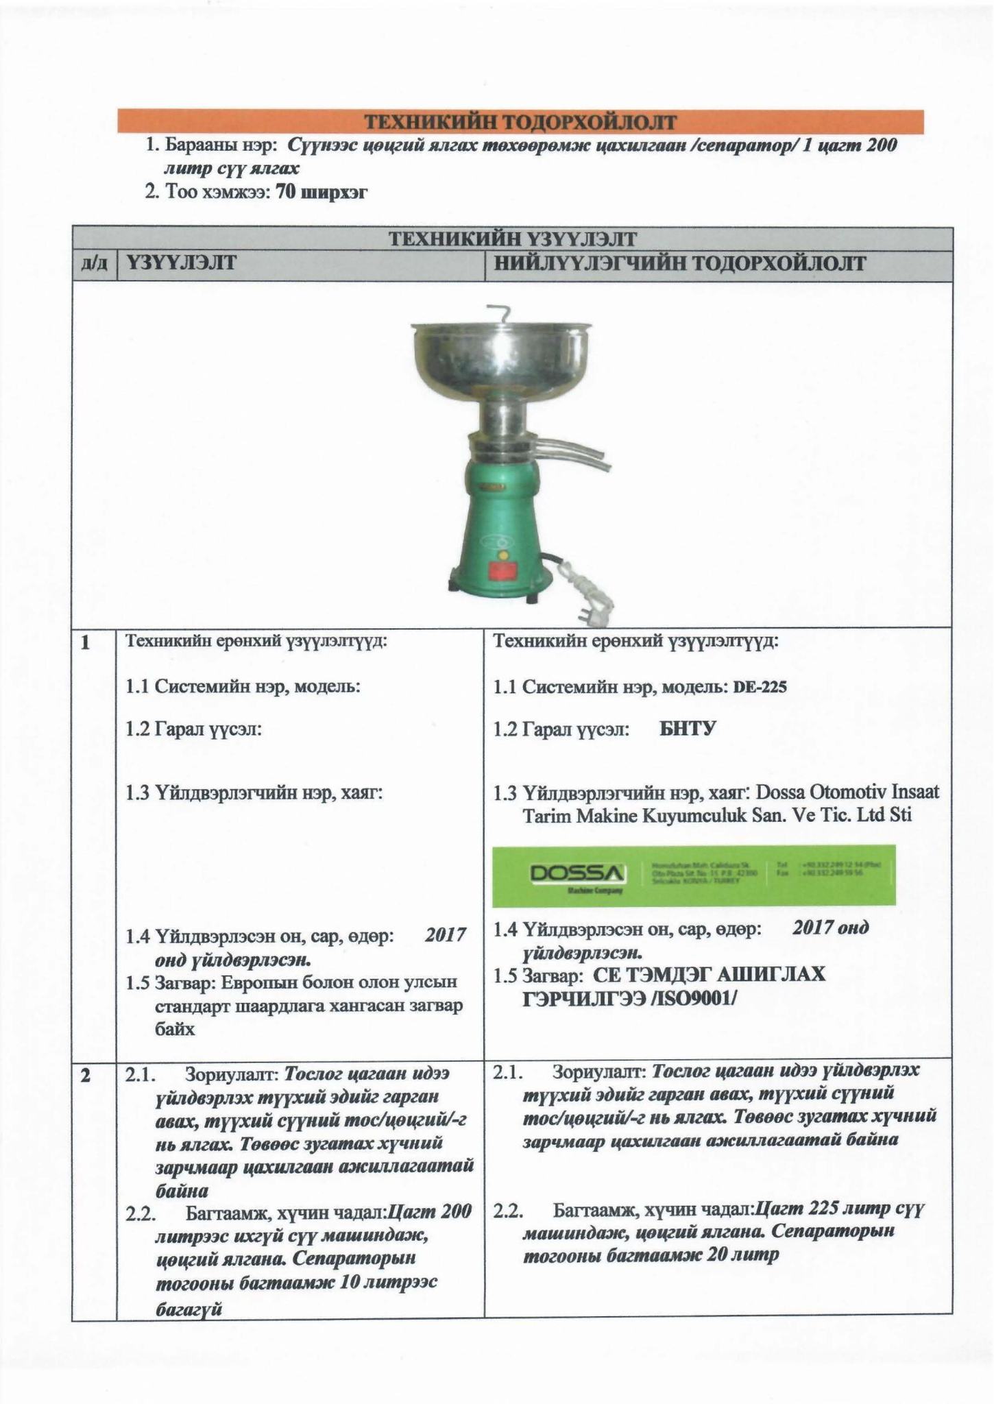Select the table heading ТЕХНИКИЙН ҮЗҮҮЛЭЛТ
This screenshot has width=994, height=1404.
click(x=513, y=239)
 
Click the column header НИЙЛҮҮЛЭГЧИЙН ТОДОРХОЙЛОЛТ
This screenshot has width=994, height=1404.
click(x=679, y=264)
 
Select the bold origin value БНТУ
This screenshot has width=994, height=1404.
click(x=687, y=729)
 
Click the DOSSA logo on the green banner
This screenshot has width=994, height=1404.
click(x=578, y=873)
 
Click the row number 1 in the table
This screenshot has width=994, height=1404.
click(x=85, y=643)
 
